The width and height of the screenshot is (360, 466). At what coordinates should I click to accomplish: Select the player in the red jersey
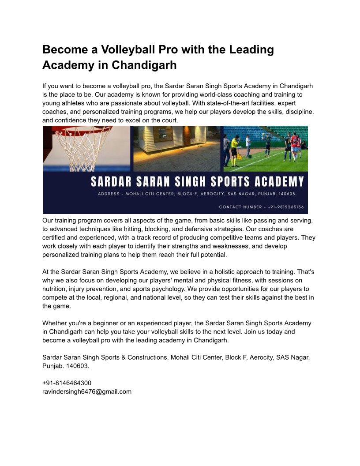[x=295, y=146]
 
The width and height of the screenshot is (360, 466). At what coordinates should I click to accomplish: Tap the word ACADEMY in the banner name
[x=278, y=181]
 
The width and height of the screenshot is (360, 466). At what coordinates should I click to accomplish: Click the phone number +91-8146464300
[x=67, y=383]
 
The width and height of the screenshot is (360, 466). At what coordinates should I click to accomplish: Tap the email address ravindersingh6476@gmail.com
[x=87, y=391]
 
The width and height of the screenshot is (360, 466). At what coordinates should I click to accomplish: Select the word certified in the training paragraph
[x=56, y=237]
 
